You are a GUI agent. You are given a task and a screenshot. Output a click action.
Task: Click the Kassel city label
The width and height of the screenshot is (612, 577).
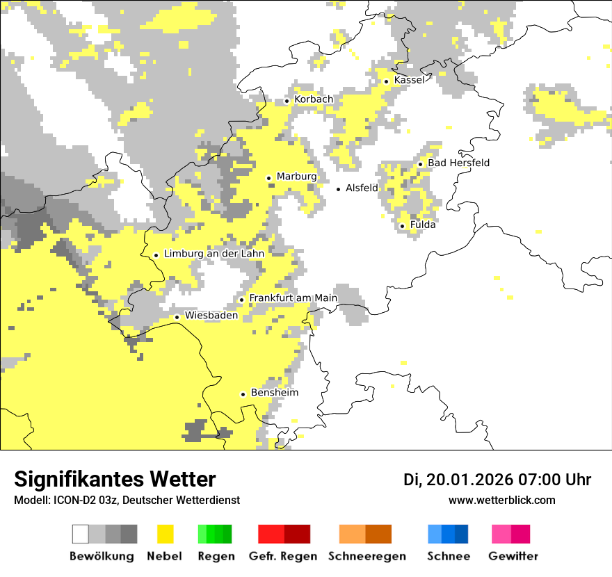pyautogui.click(x=409, y=80)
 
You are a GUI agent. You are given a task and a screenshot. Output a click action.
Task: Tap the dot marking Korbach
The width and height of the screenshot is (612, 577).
pyautogui.click(x=287, y=101)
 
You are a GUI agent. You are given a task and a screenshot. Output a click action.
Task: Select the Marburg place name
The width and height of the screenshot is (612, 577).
pyautogui.click(x=296, y=177)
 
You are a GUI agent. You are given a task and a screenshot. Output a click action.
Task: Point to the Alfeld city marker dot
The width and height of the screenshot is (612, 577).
pyautogui.click(x=339, y=189)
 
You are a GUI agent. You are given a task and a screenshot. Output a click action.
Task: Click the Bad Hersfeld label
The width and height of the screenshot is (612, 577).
pyautogui.click(x=458, y=163)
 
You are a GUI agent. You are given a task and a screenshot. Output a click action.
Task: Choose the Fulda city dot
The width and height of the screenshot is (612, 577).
pyautogui.click(x=402, y=226)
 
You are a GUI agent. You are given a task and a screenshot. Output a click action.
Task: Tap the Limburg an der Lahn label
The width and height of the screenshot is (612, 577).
pyautogui.click(x=214, y=254)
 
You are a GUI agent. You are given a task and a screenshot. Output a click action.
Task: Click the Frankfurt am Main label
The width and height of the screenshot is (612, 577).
pyautogui.click(x=293, y=298)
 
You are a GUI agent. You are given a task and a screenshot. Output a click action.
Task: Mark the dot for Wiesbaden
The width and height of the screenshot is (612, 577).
pyautogui.click(x=177, y=317)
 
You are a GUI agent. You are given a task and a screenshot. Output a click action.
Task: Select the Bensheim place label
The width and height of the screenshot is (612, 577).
pyautogui.click(x=274, y=393)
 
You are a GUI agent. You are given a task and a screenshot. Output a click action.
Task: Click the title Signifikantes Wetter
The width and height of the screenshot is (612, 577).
pyautogui.click(x=115, y=479)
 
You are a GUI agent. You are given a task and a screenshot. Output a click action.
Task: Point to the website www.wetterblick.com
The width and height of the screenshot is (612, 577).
pyautogui.click(x=501, y=500)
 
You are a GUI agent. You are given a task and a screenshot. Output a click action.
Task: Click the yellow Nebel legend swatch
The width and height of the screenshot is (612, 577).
pyautogui.click(x=166, y=534)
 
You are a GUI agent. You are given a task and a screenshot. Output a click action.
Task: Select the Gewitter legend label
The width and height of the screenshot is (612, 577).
pyautogui.click(x=513, y=556)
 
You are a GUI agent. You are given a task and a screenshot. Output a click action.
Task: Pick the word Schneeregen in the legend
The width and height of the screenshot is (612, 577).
pyautogui.click(x=367, y=556)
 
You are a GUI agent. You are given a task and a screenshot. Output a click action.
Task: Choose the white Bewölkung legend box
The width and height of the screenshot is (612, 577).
pyautogui.click(x=81, y=534)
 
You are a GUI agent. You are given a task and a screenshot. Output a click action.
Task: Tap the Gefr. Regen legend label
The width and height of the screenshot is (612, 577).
pyautogui.click(x=283, y=556)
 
